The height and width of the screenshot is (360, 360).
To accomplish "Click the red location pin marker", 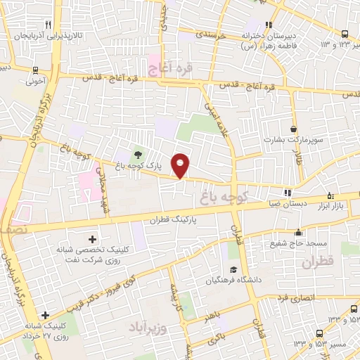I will point(181,165).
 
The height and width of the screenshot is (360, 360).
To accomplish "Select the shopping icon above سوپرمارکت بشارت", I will point(292,129).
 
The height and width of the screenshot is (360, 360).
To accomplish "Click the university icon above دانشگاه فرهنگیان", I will point(233,269).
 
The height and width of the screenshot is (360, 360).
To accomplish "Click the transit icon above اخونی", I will point(35,70).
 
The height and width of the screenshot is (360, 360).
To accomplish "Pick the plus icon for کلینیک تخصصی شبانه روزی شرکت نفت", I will point(91,239).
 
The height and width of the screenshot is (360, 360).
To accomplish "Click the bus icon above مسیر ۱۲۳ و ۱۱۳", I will point(345,34).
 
